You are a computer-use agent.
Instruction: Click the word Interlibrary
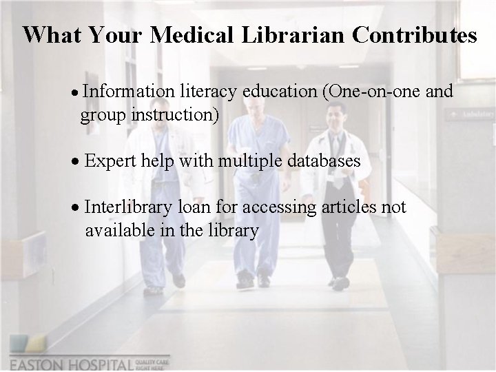(x=130, y=207)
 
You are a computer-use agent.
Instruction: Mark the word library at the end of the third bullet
(x=234, y=230)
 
